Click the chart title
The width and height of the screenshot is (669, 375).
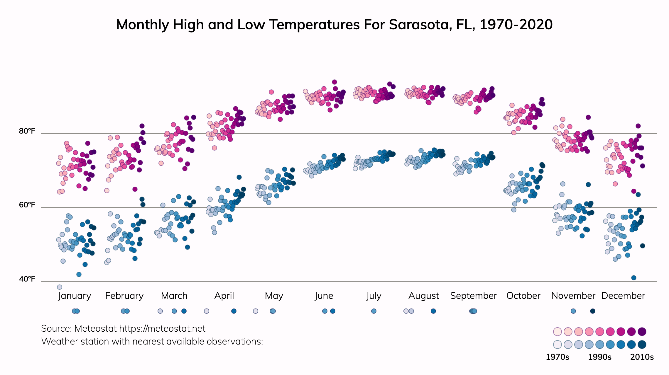(x=334, y=25)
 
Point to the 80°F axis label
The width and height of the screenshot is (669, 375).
(x=27, y=131)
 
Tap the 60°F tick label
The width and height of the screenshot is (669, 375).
(x=27, y=205)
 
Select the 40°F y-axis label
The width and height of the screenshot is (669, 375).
(x=27, y=279)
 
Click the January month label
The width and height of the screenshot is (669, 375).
(x=75, y=296)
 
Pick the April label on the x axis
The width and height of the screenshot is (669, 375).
(x=224, y=296)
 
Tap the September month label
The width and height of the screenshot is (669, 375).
(x=473, y=296)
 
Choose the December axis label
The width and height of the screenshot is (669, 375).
(x=623, y=296)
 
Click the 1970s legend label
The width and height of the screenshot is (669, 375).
(x=557, y=357)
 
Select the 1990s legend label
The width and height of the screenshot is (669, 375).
(x=600, y=357)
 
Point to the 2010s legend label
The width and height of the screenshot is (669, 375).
(x=642, y=357)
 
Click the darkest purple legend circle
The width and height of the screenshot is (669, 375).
(x=642, y=332)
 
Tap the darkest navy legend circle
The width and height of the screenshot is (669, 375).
(x=642, y=345)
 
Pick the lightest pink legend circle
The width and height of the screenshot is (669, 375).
(x=557, y=332)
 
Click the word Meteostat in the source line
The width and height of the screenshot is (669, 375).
(x=96, y=329)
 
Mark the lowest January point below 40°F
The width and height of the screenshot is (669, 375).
(x=60, y=287)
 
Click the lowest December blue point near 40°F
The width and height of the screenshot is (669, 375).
(x=634, y=278)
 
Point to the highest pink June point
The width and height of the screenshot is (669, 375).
(x=334, y=82)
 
